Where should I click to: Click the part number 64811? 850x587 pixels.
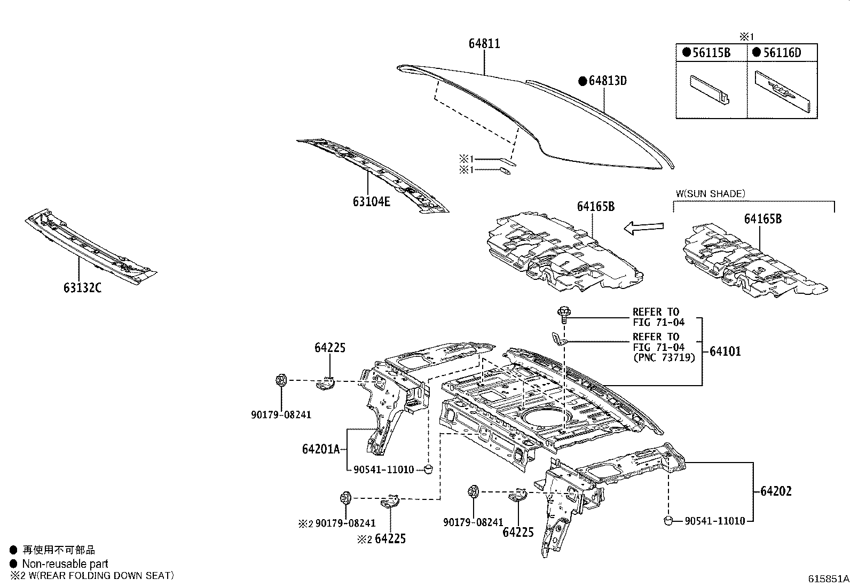pyautogui.click(x=484, y=44)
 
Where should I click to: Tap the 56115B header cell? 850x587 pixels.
pyautogui.click(x=711, y=53)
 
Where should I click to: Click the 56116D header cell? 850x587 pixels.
pyautogui.click(x=782, y=53)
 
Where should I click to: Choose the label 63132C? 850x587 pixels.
pyautogui.click(x=82, y=288)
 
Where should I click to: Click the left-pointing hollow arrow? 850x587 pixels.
pyautogui.click(x=643, y=228)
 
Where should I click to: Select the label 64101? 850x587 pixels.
pyautogui.click(x=725, y=351)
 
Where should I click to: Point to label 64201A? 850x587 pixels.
pyautogui.click(x=321, y=449)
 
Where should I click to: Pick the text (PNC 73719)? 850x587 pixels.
pyautogui.click(x=664, y=357)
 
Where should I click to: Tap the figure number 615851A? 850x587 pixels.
pyautogui.click(x=828, y=578)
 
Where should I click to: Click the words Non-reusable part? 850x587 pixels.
pyautogui.click(x=65, y=563)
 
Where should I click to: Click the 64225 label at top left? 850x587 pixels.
pyautogui.click(x=329, y=348)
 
